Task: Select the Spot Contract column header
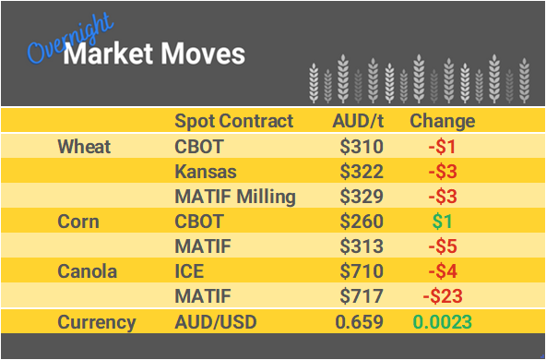click(x=233, y=121)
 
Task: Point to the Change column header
click(x=442, y=121)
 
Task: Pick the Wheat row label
click(x=84, y=146)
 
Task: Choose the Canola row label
click(x=88, y=272)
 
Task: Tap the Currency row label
click(x=97, y=322)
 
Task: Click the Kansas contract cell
click(x=205, y=172)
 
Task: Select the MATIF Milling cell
click(x=235, y=197)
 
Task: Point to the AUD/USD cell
click(x=214, y=322)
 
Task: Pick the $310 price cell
click(x=361, y=146)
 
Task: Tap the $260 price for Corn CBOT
click(x=361, y=222)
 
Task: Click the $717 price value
click(x=361, y=297)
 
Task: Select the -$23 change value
click(x=442, y=297)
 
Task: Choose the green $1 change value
click(x=445, y=222)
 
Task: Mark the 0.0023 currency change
click(x=442, y=322)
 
